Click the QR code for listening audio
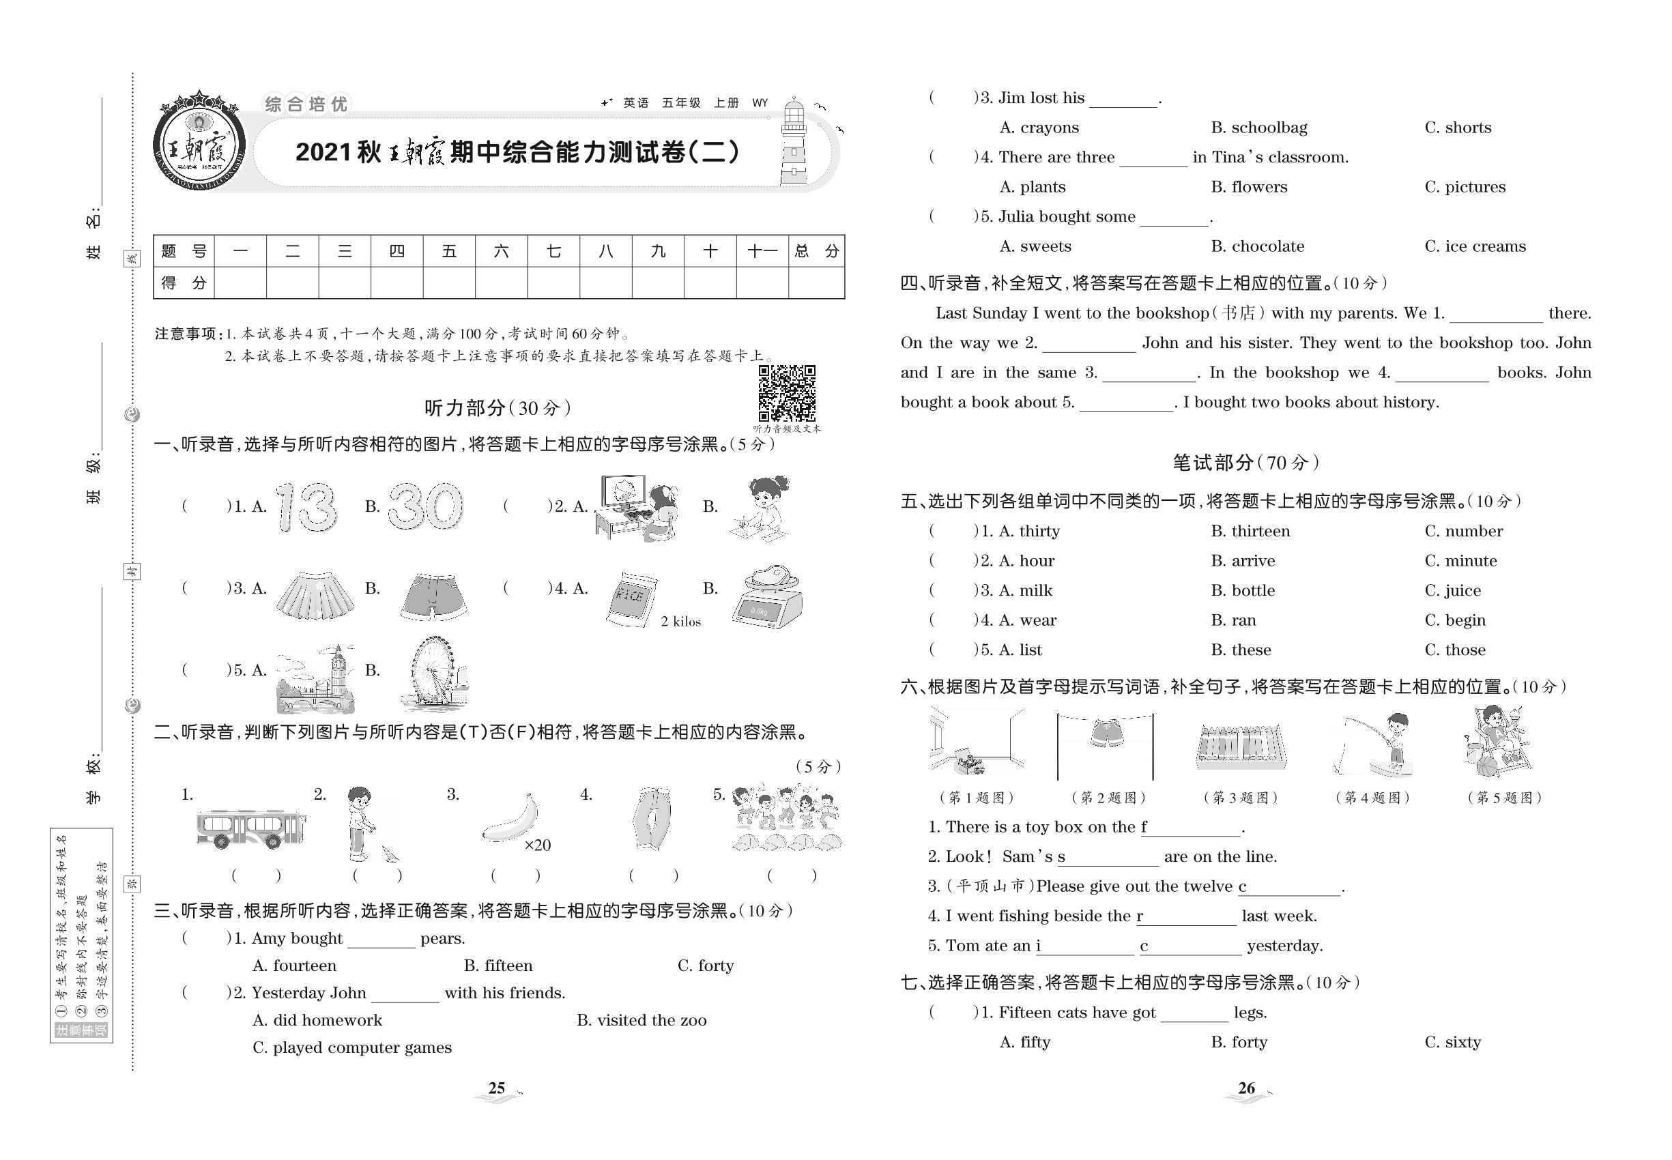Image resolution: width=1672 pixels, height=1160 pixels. pyautogui.click(x=787, y=393)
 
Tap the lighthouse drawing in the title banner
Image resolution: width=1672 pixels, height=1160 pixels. pyautogui.click(x=794, y=143)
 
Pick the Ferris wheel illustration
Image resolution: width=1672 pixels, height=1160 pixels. pyautogui.click(x=433, y=673)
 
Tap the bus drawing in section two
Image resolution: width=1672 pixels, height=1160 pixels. pyautogui.click(x=250, y=828)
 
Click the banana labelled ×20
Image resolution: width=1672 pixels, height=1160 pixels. pyautogui.click(x=512, y=819)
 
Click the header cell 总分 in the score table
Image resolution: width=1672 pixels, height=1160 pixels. pyautogui.click(x=816, y=252)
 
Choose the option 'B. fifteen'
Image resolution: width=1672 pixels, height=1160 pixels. pyautogui.click(x=498, y=966)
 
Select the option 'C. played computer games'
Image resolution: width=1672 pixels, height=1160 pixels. pyautogui.click(x=352, y=1047)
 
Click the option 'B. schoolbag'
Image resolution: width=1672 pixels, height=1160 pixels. pyautogui.click(x=1258, y=128)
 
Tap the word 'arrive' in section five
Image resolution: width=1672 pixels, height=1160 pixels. pyautogui.click(x=1252, y=561)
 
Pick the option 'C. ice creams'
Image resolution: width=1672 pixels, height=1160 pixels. pyautogui.click(x=1474, y=246)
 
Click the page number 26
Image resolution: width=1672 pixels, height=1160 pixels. pyautogui.click(x=1246, y=1088)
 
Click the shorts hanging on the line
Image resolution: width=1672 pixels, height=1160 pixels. pyautogui.click(x=1106, y=733)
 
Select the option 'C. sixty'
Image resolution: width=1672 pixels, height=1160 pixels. pyautogui.click(x=1452, y=1042)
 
